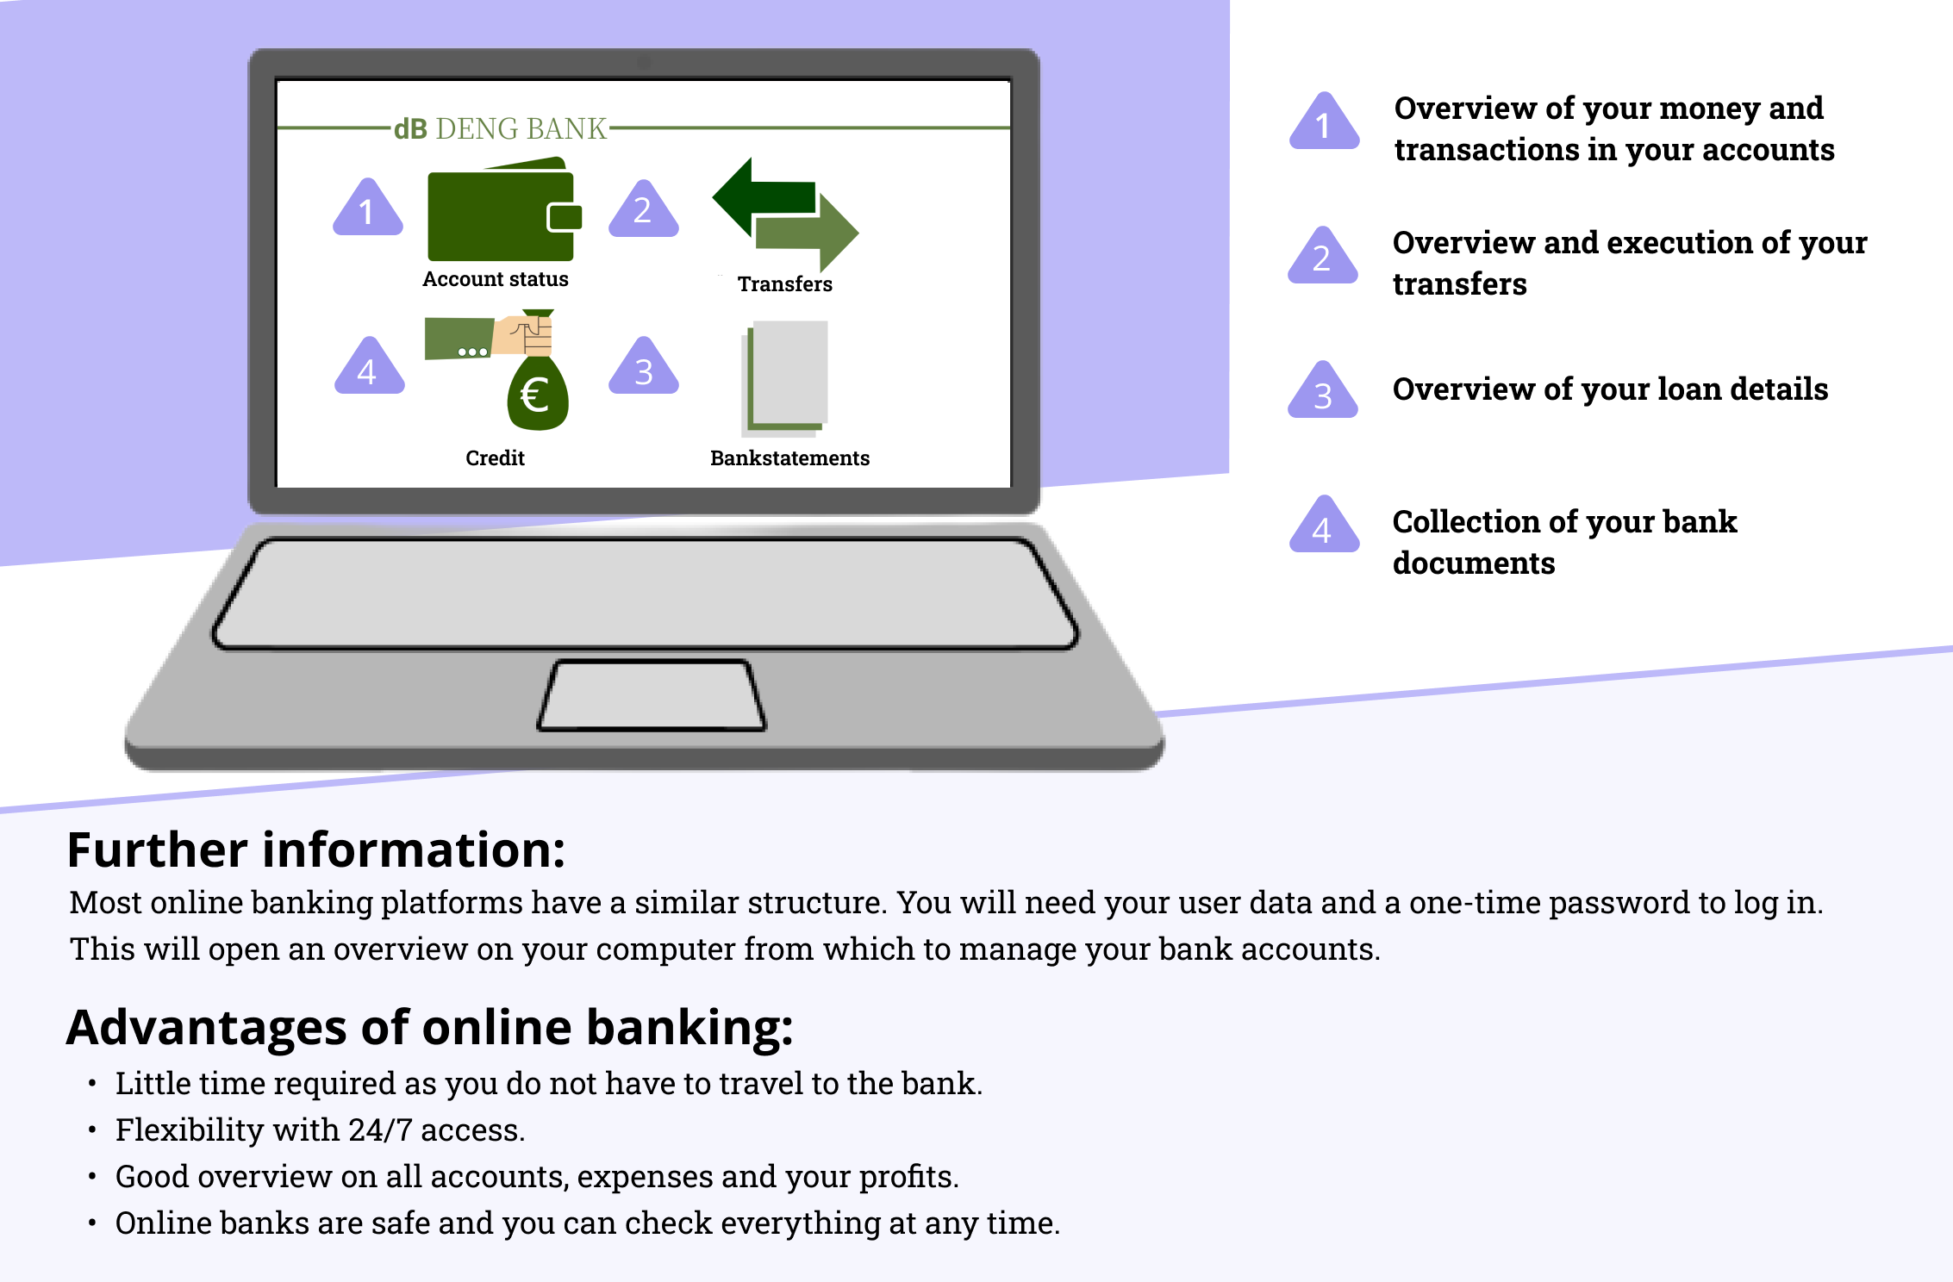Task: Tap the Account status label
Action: pos(496,279)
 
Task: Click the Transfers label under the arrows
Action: pos(785,284)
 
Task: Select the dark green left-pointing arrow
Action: pos(764,196)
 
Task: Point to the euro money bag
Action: pos(538,393)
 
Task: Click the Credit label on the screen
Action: pos(496,457)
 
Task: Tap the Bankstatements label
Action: pos(790,457)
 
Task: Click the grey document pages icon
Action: pos(784,377)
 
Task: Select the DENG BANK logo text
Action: pos(501,128)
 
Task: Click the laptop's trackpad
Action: pos(652,696)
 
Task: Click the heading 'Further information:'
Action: pos(316,849)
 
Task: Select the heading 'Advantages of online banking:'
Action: pos(430,1027)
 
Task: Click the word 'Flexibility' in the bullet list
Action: pos(190,1130)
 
